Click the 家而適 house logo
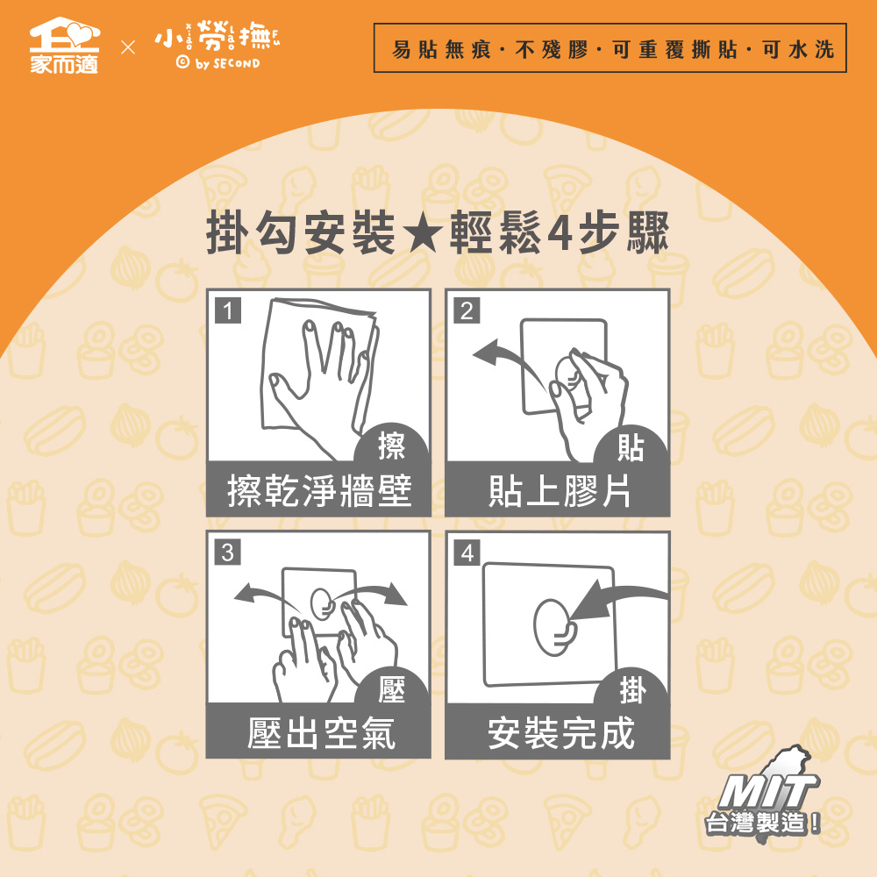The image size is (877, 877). [x=64, y=46]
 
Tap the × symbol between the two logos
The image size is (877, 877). [x=128, y=47]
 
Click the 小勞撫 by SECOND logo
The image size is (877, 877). [x=217, y=46]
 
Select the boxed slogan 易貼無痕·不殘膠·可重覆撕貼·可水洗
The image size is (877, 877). [x=610, y=48]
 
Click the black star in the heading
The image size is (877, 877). [x=423, y=234]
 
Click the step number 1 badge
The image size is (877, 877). [x=228, y=310]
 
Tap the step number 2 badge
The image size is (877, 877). [x=467, y=310]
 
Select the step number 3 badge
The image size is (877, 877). [x=228, y=553]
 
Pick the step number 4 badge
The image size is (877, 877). [x=467, y=553]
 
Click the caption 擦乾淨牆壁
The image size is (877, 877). [x=319, y=490]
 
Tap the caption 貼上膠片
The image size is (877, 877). [x=560, y=490]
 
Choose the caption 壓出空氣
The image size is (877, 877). [x=321, y=732]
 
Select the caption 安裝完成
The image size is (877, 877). [x=561, y=732]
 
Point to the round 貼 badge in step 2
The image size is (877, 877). [x=631, y=446]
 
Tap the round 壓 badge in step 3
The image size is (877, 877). [x=391, y=688]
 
